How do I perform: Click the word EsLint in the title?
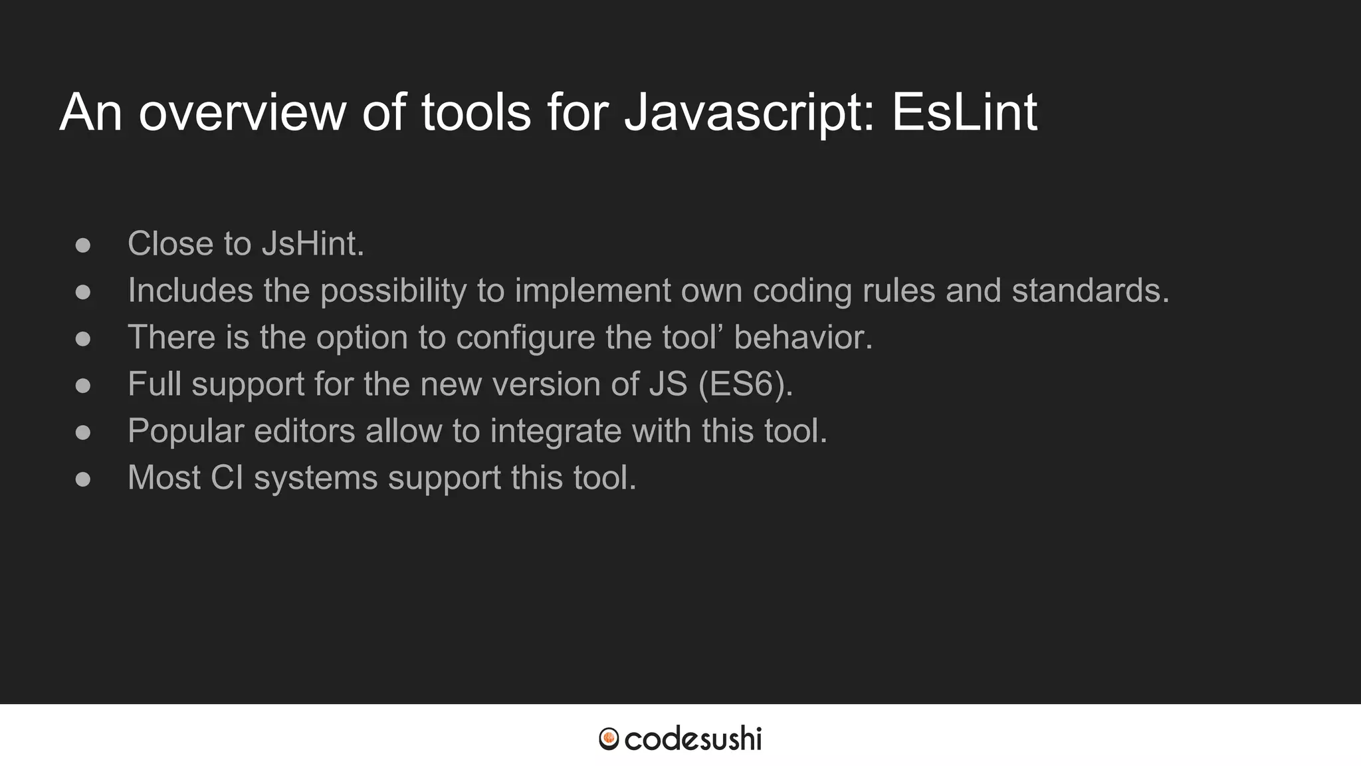point(964,113)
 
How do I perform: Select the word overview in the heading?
point(242,113)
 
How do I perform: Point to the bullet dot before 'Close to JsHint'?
point(83,245)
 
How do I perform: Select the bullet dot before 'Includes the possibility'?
point(83,292)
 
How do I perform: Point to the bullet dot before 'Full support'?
point(83,386)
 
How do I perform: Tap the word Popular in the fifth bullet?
point(185,431)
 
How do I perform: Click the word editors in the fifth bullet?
point(304,431)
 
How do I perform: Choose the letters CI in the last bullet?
point(227,477)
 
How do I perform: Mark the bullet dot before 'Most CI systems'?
point(83,479)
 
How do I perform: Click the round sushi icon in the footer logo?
point(609,739)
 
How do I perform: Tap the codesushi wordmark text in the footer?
point(693,739)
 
